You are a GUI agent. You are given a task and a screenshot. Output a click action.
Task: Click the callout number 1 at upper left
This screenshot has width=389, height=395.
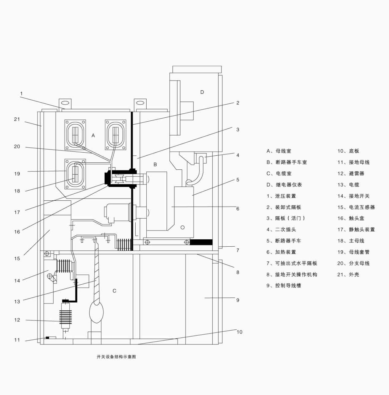click(x=21, y=93)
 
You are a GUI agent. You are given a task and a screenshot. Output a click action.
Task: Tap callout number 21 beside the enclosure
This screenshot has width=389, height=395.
click(x=17, y=119)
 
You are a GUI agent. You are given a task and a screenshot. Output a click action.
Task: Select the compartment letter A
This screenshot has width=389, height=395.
click(x=93, y=135)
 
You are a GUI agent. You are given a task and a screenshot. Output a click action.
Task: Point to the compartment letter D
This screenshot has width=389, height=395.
click(x=202, y=92)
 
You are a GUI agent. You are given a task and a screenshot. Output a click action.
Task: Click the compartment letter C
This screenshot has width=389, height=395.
click(x=114, y=291)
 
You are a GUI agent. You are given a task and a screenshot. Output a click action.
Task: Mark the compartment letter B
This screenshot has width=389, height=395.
click(x=155, y=165)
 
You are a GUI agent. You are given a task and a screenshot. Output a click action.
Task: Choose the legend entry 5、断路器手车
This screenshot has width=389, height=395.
click(x=283, y=241)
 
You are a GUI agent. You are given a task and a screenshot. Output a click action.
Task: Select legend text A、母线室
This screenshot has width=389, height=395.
click(x=279, y=151)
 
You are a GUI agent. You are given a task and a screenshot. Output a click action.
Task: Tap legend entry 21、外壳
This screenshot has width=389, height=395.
click(x=348, y=275)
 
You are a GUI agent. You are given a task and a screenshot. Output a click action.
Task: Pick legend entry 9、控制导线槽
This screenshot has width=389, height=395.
click(x=283, y=286)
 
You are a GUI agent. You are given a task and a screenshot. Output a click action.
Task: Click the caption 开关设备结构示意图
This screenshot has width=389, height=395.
click(x=116, y=357)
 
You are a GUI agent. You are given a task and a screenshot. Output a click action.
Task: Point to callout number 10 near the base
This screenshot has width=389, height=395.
click(x=239, y=332)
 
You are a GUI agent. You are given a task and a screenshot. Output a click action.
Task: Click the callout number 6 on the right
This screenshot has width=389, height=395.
click(x=237, y=209)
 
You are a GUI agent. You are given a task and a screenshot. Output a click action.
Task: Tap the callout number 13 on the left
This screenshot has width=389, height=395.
click(x=17, y=302)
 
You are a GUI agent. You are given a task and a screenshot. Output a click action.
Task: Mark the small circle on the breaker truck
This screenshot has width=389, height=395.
click(x=183, y=227)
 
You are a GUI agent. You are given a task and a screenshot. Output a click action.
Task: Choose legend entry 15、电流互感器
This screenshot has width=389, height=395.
click(x=356, y=207)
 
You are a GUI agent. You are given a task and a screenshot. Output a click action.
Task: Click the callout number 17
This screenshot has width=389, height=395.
click(x=17, y=212)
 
